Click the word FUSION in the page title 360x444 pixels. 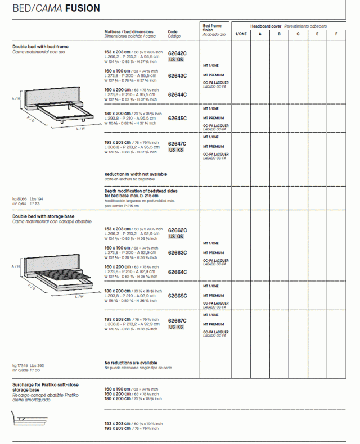coord(82,8)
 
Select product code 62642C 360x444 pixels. coord(177,53)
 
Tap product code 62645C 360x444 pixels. coord(177,119)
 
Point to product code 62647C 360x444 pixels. coord(177,144)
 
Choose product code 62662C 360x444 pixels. coord(177,230)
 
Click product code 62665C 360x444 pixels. coord(177,296)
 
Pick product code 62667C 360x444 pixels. coord(177,321)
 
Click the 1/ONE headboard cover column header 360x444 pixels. coord(241,34)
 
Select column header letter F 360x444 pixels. coord(336,34)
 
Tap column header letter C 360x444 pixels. coord(298,34)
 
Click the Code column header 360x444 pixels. coord(173,32)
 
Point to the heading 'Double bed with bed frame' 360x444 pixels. coord(40,47)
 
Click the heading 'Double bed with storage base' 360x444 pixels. coord(43,216)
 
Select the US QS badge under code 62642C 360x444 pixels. coord(176,60)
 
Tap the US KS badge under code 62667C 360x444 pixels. coord(176,327)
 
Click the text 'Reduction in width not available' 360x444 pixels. coord(136,174)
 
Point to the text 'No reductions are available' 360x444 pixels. coord(131,363)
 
